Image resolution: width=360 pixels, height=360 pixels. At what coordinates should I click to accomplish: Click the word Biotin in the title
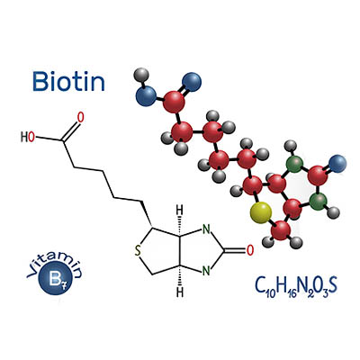click(68, 81)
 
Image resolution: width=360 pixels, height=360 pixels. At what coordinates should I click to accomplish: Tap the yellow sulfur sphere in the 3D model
click(261, 212)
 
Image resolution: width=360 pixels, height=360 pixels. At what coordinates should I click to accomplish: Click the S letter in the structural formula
click(138, 251)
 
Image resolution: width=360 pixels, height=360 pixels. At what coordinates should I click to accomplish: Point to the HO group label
click(28, 138)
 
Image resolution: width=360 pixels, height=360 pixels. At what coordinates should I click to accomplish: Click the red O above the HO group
click(80, 118)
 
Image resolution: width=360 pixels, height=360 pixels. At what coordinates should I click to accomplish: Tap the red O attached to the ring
click(250, 250)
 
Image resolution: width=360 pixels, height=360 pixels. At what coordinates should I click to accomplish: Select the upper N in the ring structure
click(206, 230)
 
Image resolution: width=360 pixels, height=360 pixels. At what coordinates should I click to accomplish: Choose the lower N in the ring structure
click(206, 271)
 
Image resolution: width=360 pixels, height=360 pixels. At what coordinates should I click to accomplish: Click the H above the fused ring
click(179, 210)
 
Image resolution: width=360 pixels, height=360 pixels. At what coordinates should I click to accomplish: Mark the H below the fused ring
click(179, 292)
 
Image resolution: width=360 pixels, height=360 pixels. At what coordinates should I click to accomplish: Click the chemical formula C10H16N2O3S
click(296, 286)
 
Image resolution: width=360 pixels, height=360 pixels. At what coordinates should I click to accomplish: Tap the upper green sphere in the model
click(294, 164)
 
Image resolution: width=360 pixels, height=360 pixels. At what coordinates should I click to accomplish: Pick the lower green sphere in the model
click(318, 202)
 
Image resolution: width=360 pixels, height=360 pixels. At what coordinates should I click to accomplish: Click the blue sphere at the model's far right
click(337, 164)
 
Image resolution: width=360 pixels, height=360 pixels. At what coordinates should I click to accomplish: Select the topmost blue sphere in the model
click(192, 82)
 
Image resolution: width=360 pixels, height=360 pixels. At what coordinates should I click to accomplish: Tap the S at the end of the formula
click(332, 285)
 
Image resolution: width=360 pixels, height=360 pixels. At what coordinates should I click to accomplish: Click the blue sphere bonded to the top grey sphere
click(146, 96)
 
